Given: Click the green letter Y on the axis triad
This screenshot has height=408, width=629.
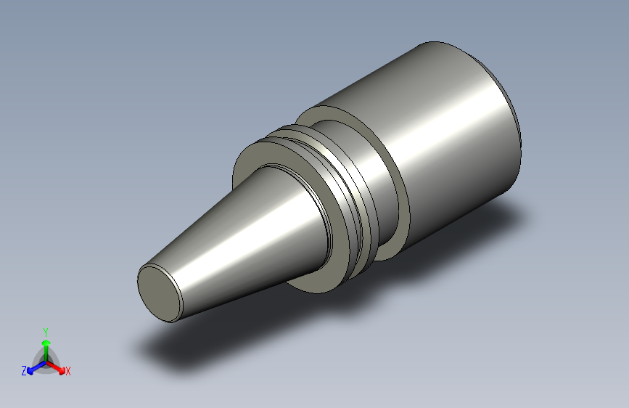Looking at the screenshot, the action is tap(46, 332).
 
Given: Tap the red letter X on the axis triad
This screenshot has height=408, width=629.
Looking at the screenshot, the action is tap(67, 371).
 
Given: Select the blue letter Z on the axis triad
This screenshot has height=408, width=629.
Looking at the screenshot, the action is tap(24, 371).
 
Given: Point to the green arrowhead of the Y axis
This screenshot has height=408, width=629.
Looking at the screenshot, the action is tap(46, 343).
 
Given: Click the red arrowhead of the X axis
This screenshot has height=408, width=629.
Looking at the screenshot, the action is tap(62, 370).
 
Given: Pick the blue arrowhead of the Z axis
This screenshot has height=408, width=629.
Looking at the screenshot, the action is tap(30, 371).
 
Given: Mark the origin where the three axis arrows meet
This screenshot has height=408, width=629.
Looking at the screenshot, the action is tap(46, 362).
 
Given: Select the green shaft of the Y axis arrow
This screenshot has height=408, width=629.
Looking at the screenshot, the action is tap(46, 354).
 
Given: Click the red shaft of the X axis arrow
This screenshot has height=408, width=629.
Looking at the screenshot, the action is tap(53, 366).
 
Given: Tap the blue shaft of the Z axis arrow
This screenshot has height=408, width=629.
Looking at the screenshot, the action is tap(38, 366).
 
